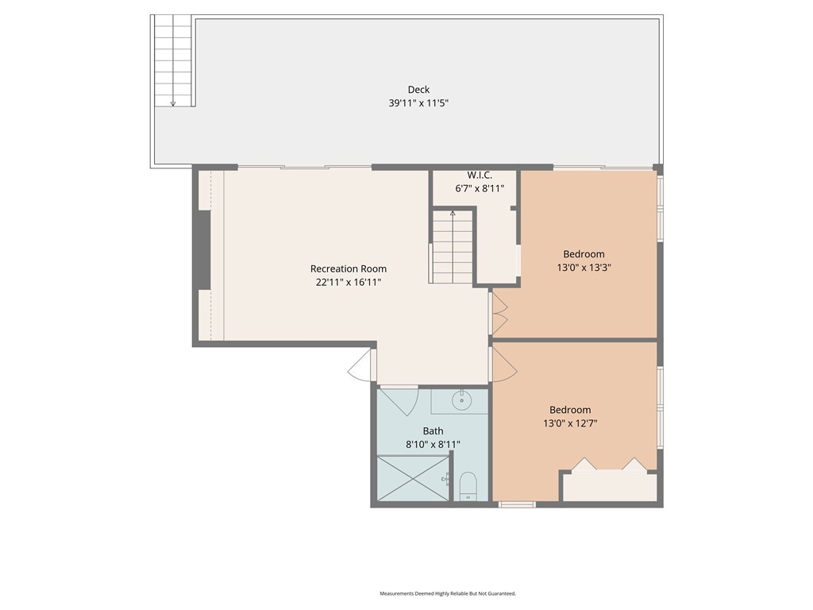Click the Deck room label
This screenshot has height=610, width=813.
click(x=418, y=90)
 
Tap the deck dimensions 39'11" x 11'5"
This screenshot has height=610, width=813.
click(x=418, y=103)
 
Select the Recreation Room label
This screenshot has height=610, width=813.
click(x=349, y=268)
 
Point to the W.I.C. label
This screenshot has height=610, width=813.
click(x=480, y=176)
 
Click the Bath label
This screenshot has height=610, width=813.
click(x=433, y=431)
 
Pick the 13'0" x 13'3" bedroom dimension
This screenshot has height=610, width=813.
click(x=584, y=268)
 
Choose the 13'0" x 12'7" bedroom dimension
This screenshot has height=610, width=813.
click(x=570, y=423)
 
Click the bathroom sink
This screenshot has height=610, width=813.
click(x=460, y=400)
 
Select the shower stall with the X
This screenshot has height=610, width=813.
click(x=413, y=478)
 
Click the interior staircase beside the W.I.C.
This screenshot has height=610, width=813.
click(x=453, y=247)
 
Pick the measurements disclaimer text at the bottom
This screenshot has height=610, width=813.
click(x=448, y=593)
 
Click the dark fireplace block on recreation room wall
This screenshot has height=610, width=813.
click(x=202, y=250)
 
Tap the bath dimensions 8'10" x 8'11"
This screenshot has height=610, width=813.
click(x=433, y=445)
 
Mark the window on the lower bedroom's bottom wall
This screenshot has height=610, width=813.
click(x=517, y=504)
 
